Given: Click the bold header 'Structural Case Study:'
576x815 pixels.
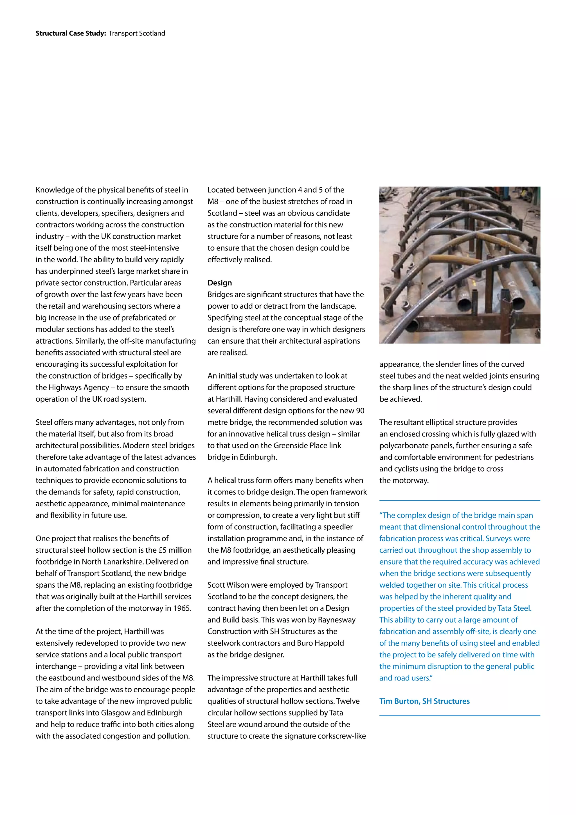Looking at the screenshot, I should pos(71,33).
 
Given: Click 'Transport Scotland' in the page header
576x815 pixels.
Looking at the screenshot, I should pos(137,33).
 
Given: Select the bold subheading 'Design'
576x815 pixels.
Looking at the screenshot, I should pos(220,283).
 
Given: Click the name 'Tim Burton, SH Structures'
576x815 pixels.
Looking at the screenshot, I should pos(424,701).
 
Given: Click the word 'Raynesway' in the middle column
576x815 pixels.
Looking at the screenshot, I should pos(337,620).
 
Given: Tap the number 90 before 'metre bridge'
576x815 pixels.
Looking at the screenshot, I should pos(360,411).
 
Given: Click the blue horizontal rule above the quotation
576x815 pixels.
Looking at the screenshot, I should pos(459,500).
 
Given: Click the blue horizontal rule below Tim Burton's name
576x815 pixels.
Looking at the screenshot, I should pos(459,716).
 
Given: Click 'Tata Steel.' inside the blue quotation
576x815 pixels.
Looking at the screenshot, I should pos(514,608).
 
